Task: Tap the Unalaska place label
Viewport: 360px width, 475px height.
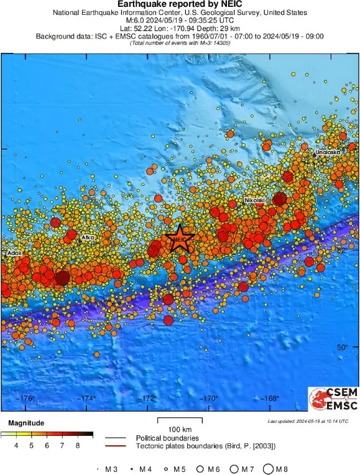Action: point(327,152)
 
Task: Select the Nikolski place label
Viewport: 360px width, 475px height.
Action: point(255,200)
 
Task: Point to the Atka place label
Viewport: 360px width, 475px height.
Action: point(88,237)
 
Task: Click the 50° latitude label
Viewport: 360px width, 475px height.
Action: point(342,348)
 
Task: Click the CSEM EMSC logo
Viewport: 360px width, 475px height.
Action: point(333,399)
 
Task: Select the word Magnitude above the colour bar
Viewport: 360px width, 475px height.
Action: point(25,423)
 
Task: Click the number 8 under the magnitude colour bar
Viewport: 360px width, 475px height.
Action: point(78,445)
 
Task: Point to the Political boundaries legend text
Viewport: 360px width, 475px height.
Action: point(167,438)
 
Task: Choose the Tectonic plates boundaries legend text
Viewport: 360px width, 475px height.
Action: point(205,446)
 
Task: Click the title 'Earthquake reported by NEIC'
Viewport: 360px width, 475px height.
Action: point(180,4)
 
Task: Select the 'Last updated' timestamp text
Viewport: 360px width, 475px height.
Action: point(308,422)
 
